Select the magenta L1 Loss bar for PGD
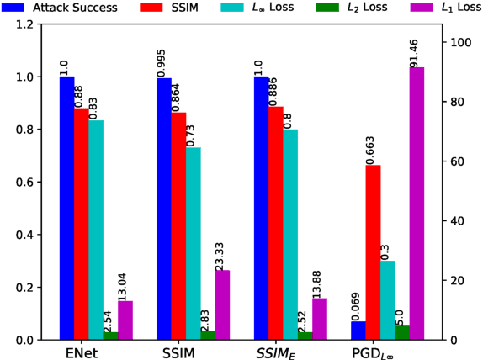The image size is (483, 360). [417, 203]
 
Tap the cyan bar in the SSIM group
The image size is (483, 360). [193, 243]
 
